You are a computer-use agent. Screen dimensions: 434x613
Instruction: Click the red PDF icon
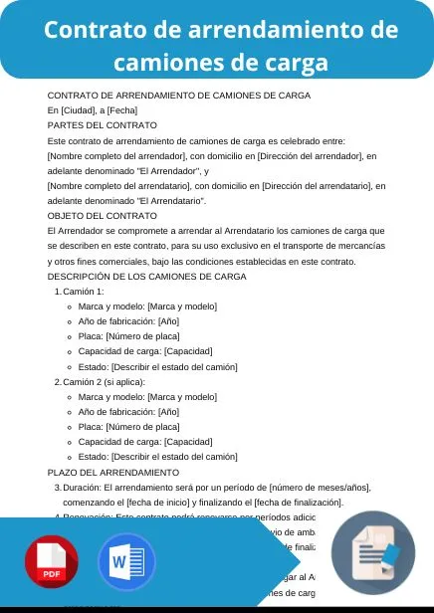click(x=52, y=563)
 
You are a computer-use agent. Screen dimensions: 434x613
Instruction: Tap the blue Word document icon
click(x=126, y=563)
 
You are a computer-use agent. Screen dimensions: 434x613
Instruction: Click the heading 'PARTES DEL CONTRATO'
click(x=103, y=125)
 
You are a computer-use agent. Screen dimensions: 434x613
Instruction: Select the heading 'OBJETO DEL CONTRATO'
click(x=103, y=215)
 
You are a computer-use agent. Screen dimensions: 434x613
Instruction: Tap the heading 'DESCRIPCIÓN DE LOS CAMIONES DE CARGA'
click(x=146, y=276)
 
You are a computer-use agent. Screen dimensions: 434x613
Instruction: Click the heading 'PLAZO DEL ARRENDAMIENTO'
click(x=113, y=472)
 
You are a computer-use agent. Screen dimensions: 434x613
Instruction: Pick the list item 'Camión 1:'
click(x=84, y=291)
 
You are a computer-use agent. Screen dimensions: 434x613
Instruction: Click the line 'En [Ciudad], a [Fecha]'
click(x=93, y=109)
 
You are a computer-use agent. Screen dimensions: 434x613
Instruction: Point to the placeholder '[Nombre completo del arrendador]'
click(x=117, y=156)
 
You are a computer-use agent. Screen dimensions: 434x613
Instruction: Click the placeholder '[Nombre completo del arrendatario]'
click(x=120, y=185)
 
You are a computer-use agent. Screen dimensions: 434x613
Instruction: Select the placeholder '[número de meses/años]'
click(x=320, y=487)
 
